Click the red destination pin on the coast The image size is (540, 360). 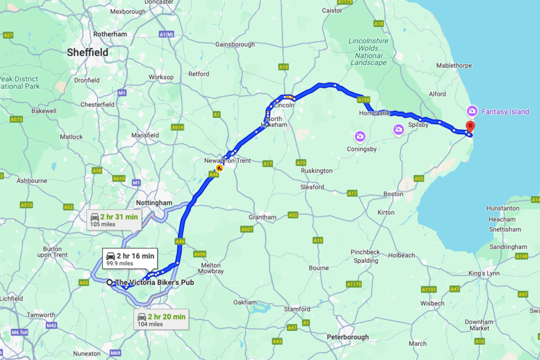470,126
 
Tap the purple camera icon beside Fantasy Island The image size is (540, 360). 472,111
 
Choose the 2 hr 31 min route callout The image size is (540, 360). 114,220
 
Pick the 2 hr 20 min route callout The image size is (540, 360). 161,319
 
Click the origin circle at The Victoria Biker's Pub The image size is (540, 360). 109,282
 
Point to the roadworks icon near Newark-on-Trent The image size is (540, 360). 219,168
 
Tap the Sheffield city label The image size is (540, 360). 87,52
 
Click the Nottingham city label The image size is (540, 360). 154,203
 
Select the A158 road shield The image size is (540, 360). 363,100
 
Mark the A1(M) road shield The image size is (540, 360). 166,34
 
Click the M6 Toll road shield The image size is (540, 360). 19,332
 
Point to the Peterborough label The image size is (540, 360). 347,337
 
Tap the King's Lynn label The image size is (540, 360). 484,273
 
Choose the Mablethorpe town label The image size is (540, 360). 454,66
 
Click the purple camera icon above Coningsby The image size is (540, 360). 360,136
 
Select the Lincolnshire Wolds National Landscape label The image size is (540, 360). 368,52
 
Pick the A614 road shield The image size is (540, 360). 177,127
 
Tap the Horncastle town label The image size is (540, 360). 374,113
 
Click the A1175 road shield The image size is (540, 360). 354,284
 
